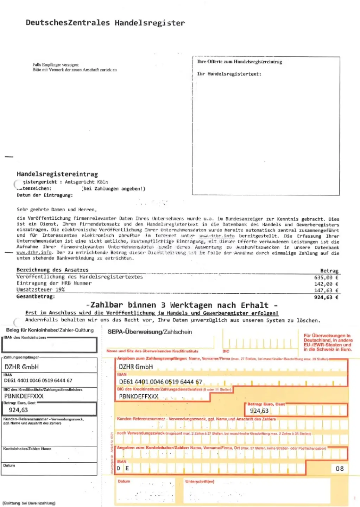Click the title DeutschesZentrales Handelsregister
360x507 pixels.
click(105, 23)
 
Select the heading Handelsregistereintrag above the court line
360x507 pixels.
click(57, 174)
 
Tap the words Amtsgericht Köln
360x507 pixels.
click(86, 182)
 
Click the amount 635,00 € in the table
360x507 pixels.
click(326, 277)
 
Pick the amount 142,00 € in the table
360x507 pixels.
click(326, 284)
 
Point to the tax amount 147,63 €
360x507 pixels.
click(326, 290)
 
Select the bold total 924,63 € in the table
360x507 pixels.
click(326, 297)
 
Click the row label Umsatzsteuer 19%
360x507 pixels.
click(40, 290)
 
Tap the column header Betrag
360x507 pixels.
click(329, 271)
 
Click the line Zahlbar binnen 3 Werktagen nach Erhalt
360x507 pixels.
click(182, 305)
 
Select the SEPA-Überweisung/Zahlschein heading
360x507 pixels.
click(150, 332)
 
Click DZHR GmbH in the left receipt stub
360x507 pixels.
click(21, 367)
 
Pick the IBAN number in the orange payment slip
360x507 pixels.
click(160, 382)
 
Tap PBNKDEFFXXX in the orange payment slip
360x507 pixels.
click(139, 396)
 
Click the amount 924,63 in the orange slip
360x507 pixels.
click(259, 411)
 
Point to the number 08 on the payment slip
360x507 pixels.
click(339, 469)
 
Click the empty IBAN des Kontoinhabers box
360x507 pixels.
click(49, 345)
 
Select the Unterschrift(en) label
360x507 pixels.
click(200, 481)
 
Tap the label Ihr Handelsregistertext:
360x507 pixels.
click(229, 74)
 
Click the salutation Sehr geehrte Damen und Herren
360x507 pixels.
click(56, 209)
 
